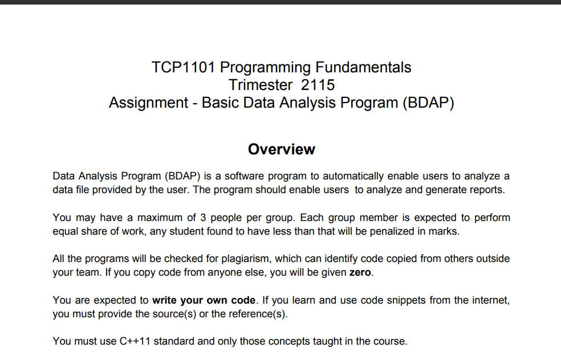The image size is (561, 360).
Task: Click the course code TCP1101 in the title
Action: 183,67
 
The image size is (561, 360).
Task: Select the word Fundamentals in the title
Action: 363,67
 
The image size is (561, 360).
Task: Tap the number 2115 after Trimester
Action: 318,85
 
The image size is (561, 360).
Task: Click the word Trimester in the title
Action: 261,85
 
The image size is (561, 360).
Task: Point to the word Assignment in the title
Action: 148,103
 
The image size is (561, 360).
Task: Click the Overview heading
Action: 282,149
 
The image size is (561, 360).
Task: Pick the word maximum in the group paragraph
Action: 160,218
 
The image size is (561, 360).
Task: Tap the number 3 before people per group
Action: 203,218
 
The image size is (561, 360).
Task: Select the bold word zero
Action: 360,272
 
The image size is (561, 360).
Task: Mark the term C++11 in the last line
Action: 135,341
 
